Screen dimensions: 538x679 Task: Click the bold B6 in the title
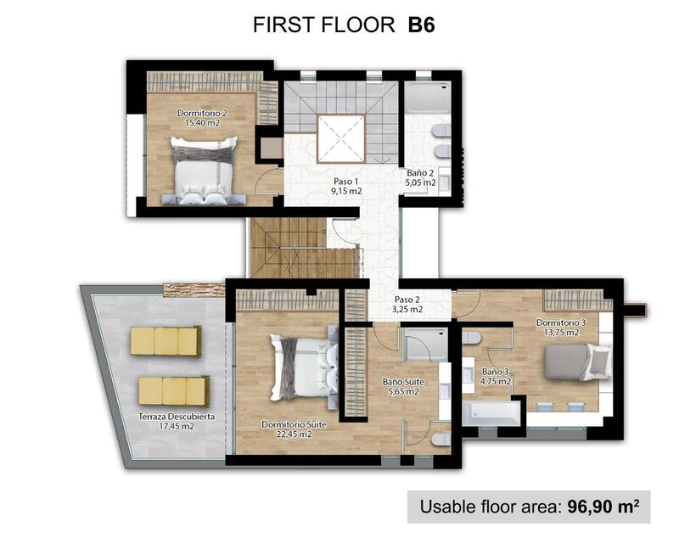click(x=421, y=25)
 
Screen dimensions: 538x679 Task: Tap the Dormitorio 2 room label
click(x=202, y=118)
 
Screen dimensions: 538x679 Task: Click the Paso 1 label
click(x=345, y=186)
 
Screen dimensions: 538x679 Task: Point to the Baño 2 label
click(x=421, y=177)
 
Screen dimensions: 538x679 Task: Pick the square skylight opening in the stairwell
click(x=341, y=138)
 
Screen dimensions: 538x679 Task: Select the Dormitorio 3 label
click(x=561, y=328)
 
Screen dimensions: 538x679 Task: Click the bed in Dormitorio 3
click(x=577, y=361)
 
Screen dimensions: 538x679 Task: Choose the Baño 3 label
click(x=497, y=376)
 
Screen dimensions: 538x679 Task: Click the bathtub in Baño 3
click(x=491, y=413)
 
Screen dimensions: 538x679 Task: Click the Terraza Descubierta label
click(x=177, y=422)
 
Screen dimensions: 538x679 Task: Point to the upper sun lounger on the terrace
click(x=166, y=341)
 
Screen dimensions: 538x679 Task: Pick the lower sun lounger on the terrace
click(x=173, y=391)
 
